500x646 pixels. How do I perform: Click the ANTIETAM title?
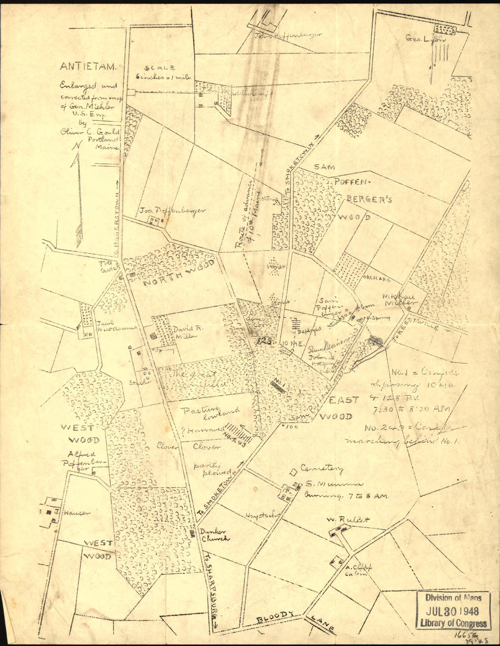pos(88,66)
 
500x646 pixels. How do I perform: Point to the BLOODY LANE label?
pos(295,621)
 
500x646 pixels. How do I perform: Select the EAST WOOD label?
pos(344,408)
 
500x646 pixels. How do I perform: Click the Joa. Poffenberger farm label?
pos(173,211)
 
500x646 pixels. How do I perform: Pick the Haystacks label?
pos(264,516)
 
